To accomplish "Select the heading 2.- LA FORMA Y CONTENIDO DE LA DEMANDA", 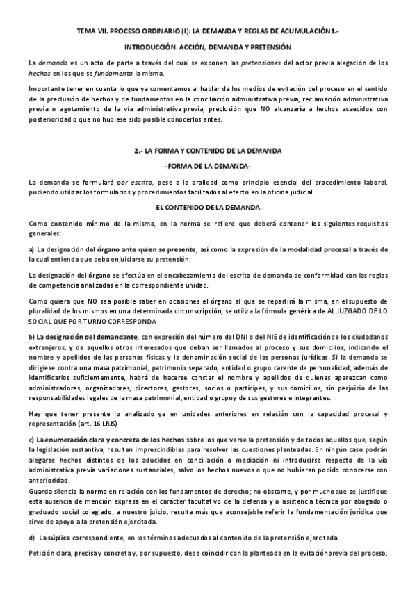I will coord(208,151).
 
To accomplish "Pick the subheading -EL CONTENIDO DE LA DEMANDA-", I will coord(208,208).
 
